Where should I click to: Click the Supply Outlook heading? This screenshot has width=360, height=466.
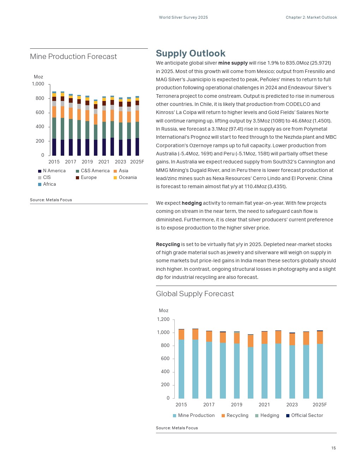[x=191, y=53]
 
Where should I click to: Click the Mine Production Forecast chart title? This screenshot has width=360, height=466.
[x=73, y=56]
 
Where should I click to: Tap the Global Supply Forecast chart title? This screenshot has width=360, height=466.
[x=195, y=294]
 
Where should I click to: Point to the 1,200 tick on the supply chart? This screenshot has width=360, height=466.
[x=163, y=319]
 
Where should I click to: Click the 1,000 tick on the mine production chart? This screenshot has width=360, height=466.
[x=38, y=84]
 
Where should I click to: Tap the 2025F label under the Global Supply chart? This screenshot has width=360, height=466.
[x=320, y=405]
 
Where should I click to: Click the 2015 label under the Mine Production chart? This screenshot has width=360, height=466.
[x=54, y=162]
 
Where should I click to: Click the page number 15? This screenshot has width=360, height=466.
[x=334, y=448]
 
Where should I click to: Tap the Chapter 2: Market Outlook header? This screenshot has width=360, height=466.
[x=311, y=17]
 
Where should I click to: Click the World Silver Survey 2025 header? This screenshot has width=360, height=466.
[x=183, y=17]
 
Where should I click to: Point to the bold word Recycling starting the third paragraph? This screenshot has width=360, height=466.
[x=168, y=244]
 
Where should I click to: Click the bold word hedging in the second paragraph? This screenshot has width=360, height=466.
[x=192, y=203]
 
